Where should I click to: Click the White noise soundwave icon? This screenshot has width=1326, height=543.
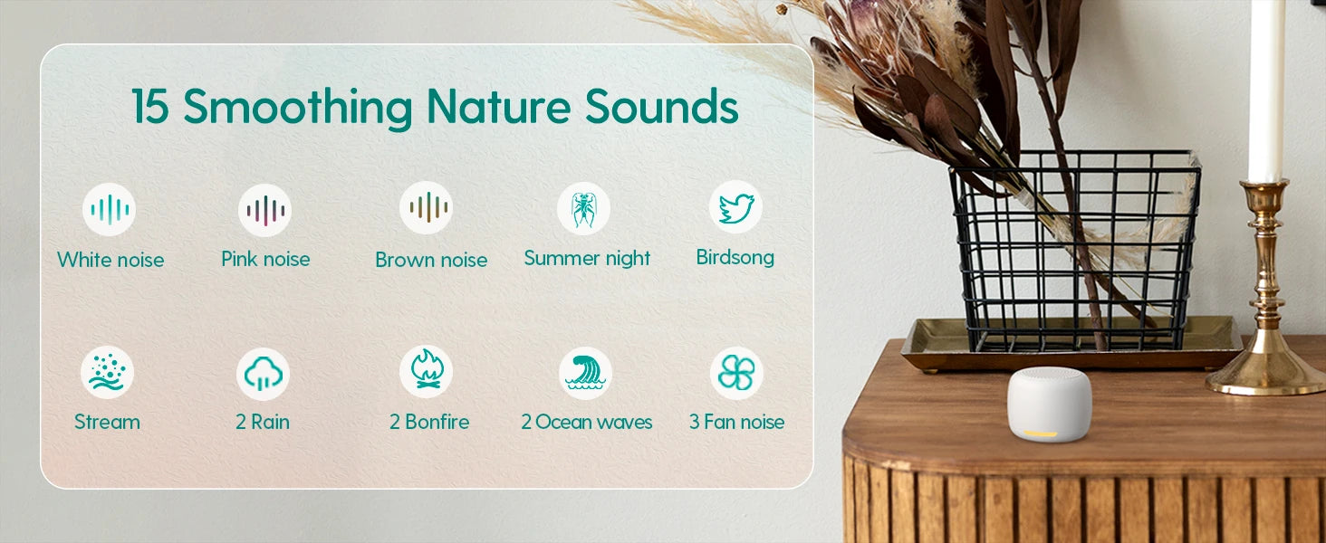click(x=109, y=209)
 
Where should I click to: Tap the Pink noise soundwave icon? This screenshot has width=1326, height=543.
click(x=264, y=211)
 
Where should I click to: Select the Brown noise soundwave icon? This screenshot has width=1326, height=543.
click(x=427, y=207)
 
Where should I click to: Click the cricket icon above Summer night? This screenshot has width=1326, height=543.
click(x=583, y=208)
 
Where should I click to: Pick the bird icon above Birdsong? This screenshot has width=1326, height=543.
click(x=735, y=207)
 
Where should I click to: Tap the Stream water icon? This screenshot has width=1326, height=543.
click(x=107, y=373)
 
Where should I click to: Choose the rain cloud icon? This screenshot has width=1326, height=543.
click(x=263, y=375)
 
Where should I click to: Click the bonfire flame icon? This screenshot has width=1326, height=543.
click(x=427, y=371)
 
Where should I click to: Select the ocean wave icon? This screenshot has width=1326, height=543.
click(x=585, y=373)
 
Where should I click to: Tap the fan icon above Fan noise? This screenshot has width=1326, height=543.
click(x=736, y=373)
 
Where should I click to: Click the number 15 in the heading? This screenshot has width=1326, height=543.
click(x=150, y=107)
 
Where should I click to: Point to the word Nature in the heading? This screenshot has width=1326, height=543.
click(x=498, y=107)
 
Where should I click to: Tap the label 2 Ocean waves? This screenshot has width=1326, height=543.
click(x=587, y=422)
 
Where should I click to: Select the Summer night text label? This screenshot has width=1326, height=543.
click(x=587, y=259)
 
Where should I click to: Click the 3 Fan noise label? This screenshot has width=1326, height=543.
click(x=737, y=422)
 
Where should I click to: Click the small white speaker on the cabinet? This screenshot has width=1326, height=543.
click(x=1049, y=404)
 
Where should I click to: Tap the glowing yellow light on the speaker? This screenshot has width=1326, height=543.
click(x=1041, y=434)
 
